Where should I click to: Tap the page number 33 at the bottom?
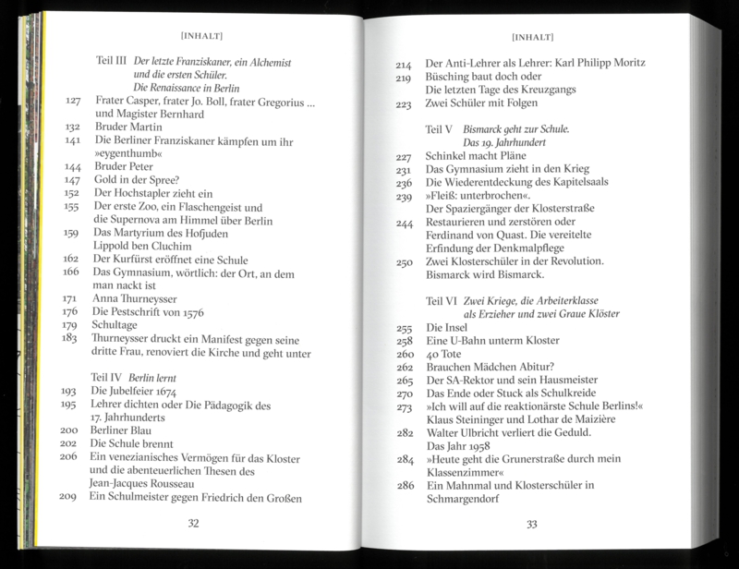(x=532, y=524)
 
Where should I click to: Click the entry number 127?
(x=75, y=99)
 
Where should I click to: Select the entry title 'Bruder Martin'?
(x=127, y=127)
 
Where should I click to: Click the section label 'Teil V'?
(x=440, y=129)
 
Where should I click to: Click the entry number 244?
(x=405, y=223)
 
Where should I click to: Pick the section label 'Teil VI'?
(x=442, y=301)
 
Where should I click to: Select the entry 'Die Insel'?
(x=447, y=328)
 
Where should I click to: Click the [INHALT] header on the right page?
(x=531, y=38)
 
